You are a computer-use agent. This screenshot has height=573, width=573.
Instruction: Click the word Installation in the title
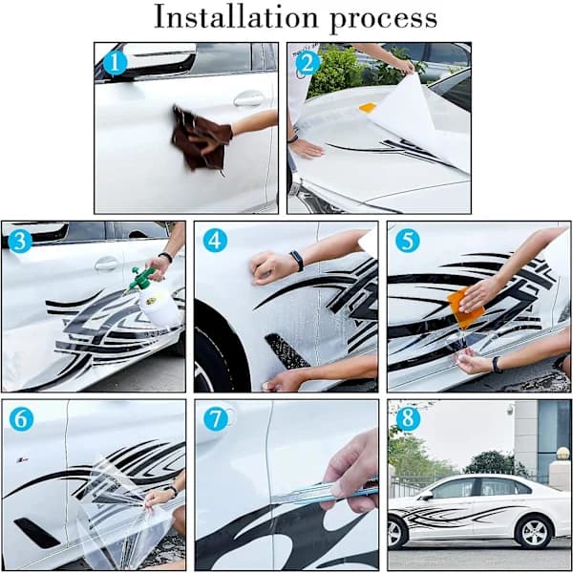coord(236,16)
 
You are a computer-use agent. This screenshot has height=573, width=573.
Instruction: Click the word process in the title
coord(383,20)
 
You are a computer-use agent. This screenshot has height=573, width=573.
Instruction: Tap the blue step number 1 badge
coord(116,63)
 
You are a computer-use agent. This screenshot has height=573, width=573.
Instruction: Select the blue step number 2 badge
coord(308,63)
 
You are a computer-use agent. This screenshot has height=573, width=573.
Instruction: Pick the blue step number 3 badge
coord(20,241)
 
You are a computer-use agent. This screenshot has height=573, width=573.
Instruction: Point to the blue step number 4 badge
coord(215,241)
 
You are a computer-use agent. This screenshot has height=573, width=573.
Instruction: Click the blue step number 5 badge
coord(408,241)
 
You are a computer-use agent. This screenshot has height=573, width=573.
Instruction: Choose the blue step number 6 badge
coord(21,419)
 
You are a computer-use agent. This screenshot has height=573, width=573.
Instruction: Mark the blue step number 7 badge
coord(216,419)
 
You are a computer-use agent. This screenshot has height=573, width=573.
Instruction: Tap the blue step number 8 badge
coord(408,419)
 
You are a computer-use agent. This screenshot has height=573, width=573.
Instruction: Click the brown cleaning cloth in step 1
coord(200,138)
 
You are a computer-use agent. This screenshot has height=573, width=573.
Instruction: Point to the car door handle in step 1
coord(249,98)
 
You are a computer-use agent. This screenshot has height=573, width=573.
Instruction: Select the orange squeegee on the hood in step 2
coord(368,107)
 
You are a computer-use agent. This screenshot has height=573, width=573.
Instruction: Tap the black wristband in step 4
coord(297,261)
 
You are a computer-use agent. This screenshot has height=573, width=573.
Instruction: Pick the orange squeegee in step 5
coord(465,308)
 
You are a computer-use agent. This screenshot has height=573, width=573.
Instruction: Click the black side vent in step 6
coord(36,533)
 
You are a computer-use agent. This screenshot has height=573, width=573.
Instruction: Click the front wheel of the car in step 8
coord(396,533)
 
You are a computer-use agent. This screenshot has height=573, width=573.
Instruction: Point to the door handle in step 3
coord(106,264)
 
